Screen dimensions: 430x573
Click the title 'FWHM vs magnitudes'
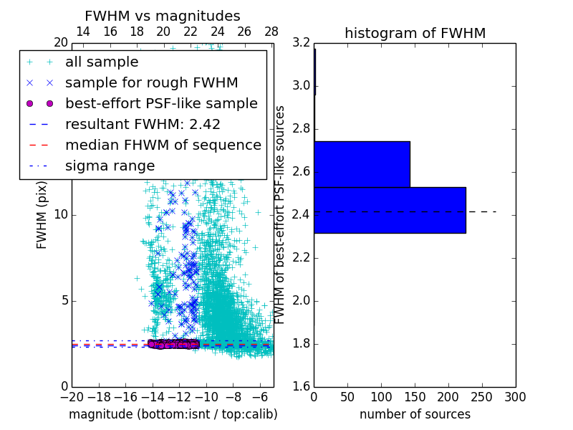[163, 16]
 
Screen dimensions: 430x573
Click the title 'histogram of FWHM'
[415, 33]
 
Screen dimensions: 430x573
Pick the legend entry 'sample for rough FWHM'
[151, 82]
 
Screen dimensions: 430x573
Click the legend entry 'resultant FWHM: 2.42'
[143, 124]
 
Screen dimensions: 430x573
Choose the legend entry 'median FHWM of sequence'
[163, 145]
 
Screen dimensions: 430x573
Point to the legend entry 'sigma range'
[110, 166]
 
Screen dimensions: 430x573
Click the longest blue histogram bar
[390, 210]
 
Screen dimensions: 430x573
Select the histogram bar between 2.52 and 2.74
[362, 164]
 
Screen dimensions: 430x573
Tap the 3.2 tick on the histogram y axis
[301, 43]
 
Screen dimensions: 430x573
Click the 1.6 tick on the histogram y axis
[301, 387]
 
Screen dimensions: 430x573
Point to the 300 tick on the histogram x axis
[515, 396]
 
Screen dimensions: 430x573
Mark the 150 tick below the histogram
[415, 396]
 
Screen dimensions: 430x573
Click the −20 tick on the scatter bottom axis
[72, 396]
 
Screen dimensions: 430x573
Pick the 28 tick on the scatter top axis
[271, 32]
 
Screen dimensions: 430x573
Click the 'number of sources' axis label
[415, 414]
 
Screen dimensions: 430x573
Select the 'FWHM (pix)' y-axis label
[42, 215]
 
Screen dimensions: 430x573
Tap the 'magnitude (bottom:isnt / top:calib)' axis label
[173, 414]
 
